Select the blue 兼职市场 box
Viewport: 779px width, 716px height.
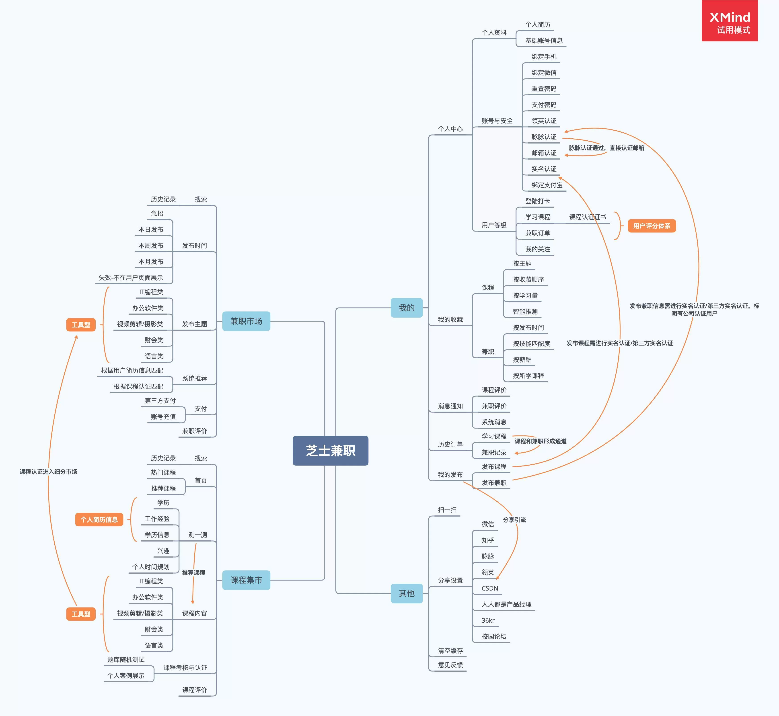pyautogui.click(x=246, y=321)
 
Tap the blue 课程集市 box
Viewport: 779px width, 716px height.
pyautogui.click(x=246, y=580)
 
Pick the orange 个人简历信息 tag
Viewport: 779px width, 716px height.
pyautogui.click(x=99, y=520)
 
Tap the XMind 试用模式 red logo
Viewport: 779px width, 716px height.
pyautogui.click(x=729, y=21)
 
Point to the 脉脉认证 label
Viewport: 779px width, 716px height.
pyautogui.click(x=544, y=137)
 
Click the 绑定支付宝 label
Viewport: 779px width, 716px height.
pyautogui.click(x=547, y=185)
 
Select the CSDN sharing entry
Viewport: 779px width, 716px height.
pyautogui.click(x=490, y=588)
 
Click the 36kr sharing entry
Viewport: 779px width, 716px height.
pyautogui.click(x=488, y=620)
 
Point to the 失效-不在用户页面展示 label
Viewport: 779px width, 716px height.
pyautogui.click(x=131, y=278)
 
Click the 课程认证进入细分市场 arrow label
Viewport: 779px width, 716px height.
pyautogui.click(x=48, y=472)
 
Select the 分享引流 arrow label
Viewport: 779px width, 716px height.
pyautogui.click(x=514, y=520)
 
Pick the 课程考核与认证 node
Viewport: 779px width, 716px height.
pyautogui.click(x=185, y=668)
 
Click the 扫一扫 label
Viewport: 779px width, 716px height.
pyautogui.click(x=447, y=510)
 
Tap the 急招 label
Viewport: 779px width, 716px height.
pyautogui.click(x=157, y=213)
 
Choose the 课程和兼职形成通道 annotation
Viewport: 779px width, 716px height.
pyautogui.click(x=540, y=441)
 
